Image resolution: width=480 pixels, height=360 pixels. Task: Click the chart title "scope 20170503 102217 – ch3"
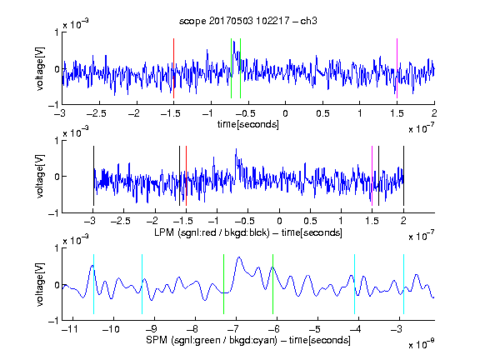pyautogui.click(x=248, y=21)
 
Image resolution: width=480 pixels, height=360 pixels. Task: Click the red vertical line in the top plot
pyautogui.click(x=173, y=68)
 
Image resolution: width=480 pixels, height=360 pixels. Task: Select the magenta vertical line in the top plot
pyautogui.click(x=397, y=68)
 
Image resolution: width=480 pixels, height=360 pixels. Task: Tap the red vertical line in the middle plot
pyautogui.click(x=186, y=176)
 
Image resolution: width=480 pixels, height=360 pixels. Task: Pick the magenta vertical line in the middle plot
pyautogui.click(x=372, y=176)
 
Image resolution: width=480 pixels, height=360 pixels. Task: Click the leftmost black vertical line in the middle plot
pyautogui.click(x=93, y=176)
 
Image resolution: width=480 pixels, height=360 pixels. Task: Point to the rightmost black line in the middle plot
pyautogui.click(x=403, y=176)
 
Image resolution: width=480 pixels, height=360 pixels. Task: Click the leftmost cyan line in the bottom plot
pyautogui.click(x=93, y=284)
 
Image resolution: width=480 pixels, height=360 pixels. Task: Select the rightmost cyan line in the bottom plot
pyautogui.click(x=403, y=284)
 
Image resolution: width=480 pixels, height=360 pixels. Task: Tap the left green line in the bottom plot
pyautogui.click(x=224, y=284)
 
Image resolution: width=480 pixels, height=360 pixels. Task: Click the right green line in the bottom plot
pyautogui.click(x=272, y=284)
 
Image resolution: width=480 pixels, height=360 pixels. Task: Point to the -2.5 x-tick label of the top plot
pyautogui.click(x=96, y=113)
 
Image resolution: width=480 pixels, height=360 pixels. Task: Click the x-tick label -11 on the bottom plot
pyautogui.click(x=69, y=329)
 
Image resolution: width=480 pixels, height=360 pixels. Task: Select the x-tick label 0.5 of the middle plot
pyautogui.click(x=310, y=221)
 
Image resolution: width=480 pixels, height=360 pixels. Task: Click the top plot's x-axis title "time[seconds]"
pyautogui.click(x=248, y=124)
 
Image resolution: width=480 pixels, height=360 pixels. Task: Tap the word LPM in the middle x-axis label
pyautogui.click(x=164, y=232)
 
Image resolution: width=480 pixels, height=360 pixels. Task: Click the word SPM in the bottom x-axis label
pyautogui.click(x=157, y=340)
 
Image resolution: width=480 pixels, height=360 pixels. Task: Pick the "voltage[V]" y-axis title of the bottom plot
pyautogui.click(x=40, y=284)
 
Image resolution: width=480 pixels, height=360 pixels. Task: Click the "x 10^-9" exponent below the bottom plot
pyautogui.click(x=421, y=344)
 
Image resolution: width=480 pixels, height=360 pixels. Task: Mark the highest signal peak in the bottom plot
pyautogui.click(x=239, y=257)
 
